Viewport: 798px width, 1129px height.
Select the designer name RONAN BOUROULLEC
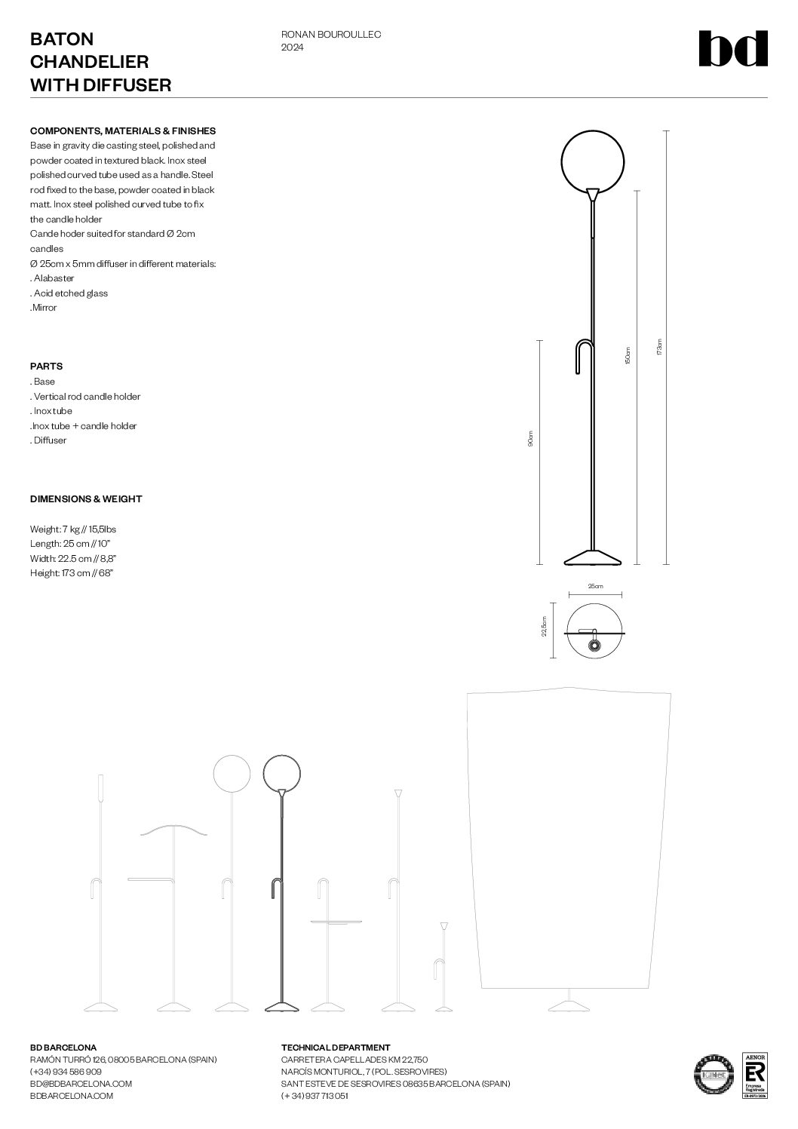330,35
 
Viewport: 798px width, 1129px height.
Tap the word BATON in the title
62,39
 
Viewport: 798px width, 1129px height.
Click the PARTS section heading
46,367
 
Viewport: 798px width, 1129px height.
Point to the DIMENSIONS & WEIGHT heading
86,499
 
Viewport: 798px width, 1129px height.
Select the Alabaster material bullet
53,278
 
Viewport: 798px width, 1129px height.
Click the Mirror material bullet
44,308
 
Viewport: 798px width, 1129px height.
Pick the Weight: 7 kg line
72,529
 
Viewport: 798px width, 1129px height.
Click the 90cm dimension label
530,439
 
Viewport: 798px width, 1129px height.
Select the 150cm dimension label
628,355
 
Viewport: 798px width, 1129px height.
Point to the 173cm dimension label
658,348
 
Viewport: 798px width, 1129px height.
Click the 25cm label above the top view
595,586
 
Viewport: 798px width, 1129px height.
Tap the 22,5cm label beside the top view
545,627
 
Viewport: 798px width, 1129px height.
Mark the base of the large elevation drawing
594,557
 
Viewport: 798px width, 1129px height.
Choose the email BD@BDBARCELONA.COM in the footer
81,1084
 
